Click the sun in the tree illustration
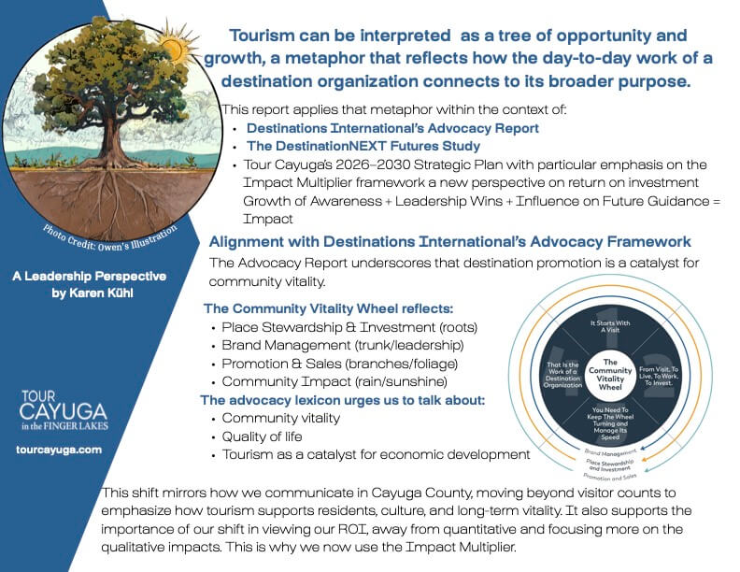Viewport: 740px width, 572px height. click(x=177, y=45)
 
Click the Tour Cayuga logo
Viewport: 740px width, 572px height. click(x=64, y=410)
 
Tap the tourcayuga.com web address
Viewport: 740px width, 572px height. click(x=59, y=450)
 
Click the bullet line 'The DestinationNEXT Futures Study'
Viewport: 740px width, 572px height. click(x=363, y=147)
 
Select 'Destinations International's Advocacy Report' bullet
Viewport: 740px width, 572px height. click(x=392, y=128)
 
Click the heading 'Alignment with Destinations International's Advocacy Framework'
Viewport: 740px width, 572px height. click(x=449, y=242)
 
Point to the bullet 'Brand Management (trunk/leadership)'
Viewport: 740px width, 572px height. click(x=343, y=346)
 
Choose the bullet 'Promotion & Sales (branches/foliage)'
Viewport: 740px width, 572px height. click(x=340, y=364)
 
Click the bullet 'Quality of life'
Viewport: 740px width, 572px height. click(x=262, y=436)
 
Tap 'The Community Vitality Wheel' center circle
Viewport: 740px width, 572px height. click(x=610, y=374)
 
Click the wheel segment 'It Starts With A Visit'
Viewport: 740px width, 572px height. click(x=610, y=326)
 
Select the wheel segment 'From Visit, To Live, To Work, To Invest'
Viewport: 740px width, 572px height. click(x=659, y=376)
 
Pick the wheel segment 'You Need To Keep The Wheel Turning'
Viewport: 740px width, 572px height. click(x=610, y=423)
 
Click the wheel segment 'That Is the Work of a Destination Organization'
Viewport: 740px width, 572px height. click(x=562, y=375)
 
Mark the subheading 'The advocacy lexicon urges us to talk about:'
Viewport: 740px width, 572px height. click(x=343, y=401)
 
